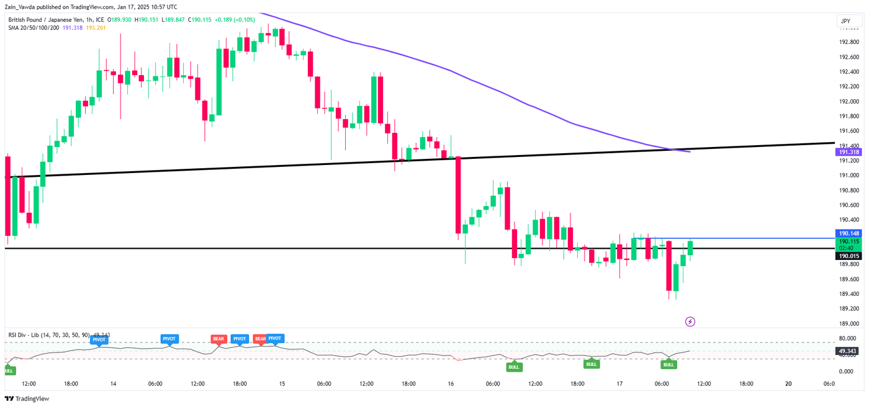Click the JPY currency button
[x=845, y=21]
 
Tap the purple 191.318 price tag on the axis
[x=849, y=152]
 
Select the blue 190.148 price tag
[x=849, y=233]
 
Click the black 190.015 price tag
[x=849, y=256]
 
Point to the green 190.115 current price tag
[x=849, y=241]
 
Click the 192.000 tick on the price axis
[x=849, y=101]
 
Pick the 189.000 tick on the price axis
[x=849, y=324]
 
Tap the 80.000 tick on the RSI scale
[x=847, y=339]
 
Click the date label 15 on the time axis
[x=282, y=384]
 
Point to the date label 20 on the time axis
[x=788, y=384]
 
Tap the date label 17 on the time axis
[x=619, y=384]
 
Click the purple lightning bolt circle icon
[x=690, y=321]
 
